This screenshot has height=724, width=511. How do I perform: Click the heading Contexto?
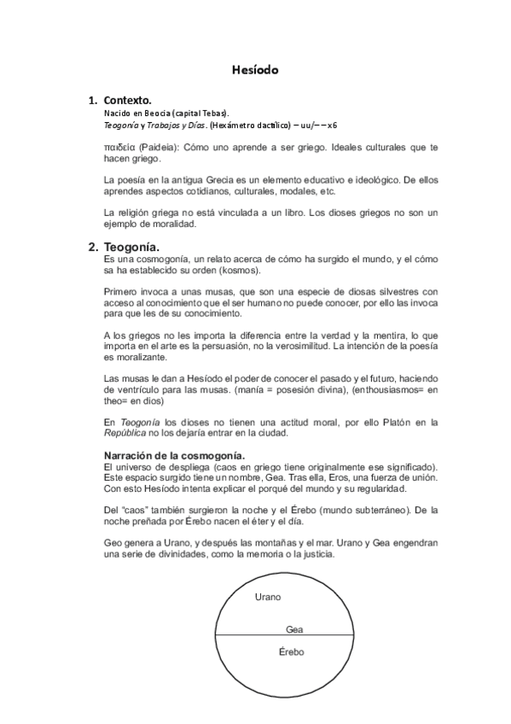tap(127, 99)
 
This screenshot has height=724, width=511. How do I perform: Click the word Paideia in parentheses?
tap(159, 148)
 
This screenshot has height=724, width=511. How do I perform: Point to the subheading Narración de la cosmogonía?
tap(174, 454)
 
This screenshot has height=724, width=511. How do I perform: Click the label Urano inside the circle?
tap(268, 597)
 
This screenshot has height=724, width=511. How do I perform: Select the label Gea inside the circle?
tap(294, 628)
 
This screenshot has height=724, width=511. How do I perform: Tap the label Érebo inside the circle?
tap(292, 652)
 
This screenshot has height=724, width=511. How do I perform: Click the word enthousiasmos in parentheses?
tap(386, 388)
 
